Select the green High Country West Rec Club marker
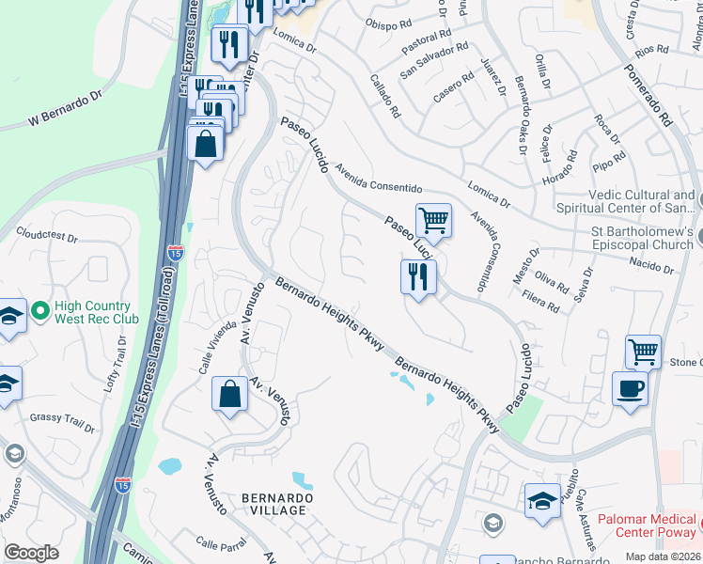pos(40,309)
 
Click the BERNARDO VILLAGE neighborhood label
pos(273,503)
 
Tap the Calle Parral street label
pos(220,542)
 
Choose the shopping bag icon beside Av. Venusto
pos(229,395)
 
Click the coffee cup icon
pos(630,387)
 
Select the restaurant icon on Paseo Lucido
pos(418,276)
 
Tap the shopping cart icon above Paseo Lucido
pos(433,221)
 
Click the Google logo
pos(31,553)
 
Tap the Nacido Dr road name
pos(652,268)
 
